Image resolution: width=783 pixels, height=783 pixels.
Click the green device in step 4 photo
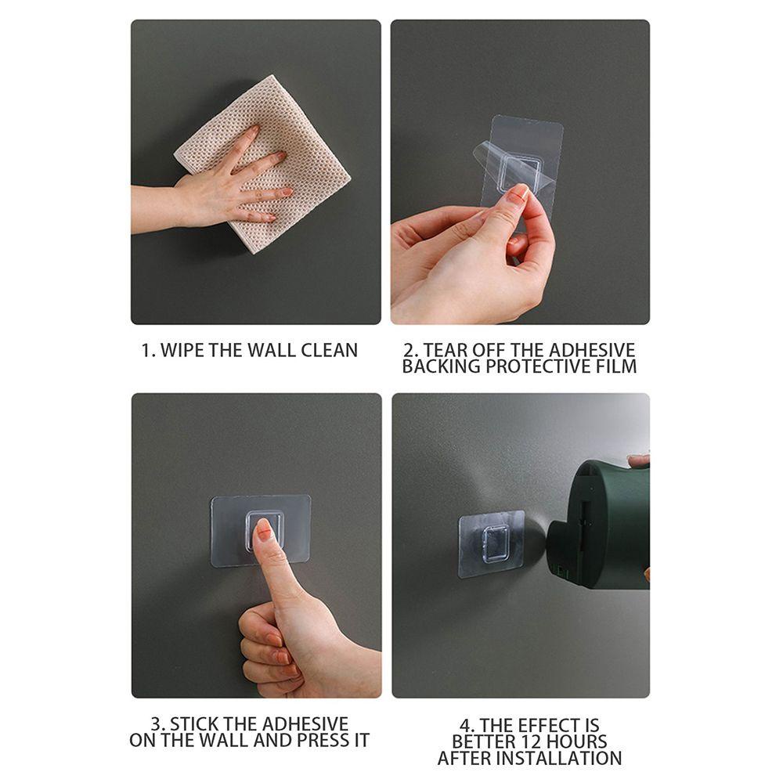point(603,521)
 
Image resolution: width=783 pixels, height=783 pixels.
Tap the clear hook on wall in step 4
point(491,544)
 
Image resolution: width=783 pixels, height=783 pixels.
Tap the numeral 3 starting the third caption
point(156,723)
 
